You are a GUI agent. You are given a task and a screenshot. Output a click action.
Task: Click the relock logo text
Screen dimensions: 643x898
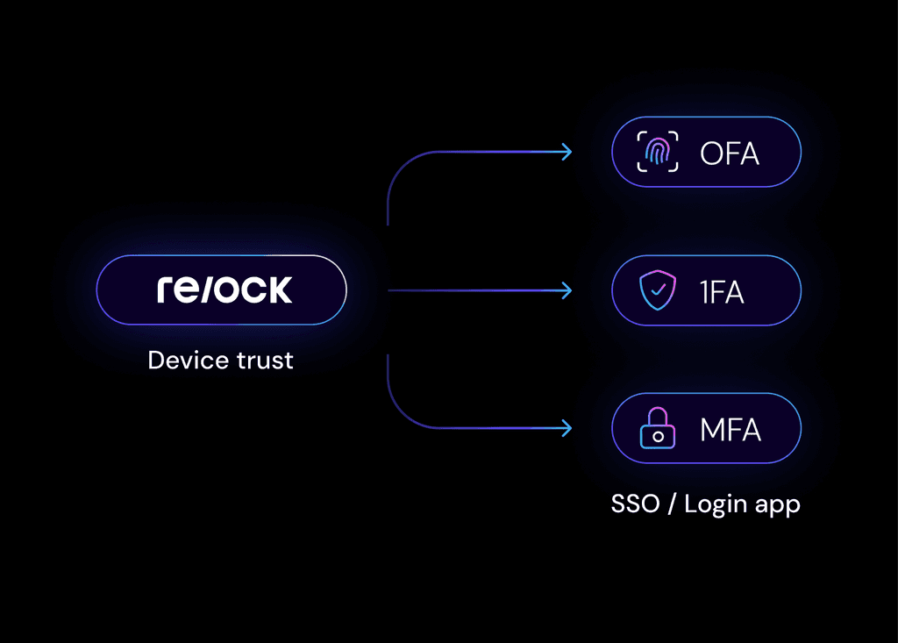pos(224,290)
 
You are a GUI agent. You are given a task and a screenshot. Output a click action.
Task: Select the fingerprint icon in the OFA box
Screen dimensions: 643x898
pos(657,153)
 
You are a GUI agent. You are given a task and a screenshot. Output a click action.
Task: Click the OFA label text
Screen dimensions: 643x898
pos(730,154)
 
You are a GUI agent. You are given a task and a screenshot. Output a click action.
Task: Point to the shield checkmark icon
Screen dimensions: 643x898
pos(657,290)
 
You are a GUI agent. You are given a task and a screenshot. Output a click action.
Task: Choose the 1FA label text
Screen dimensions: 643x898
pos(722,291)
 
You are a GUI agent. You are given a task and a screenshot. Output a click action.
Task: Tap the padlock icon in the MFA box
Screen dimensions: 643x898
pos(657,429)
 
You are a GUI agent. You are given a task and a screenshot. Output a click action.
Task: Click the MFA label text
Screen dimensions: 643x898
pos(731,430)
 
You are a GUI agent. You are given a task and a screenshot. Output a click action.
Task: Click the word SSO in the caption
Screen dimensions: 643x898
pos(635,504)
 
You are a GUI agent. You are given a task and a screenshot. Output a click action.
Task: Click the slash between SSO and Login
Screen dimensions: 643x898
pos(671,504)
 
